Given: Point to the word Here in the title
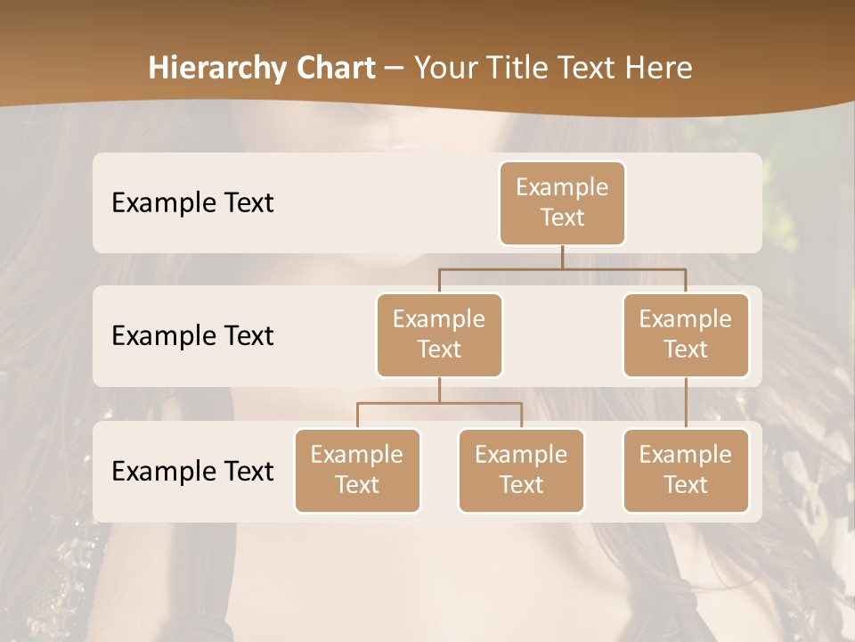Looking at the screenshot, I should pyautogui.click(x=659, y=69).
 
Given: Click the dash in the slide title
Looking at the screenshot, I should pyautogui.click(x=395, y=70).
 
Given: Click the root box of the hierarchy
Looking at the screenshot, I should pyautogui.click(x=562, y=203).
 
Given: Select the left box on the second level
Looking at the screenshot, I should pyautogui.click(x=439, y=335).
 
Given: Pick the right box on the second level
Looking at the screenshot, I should pyautogui.click(x=686, y=335).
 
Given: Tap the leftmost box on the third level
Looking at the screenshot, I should pyautogui.click(x=357, y=471).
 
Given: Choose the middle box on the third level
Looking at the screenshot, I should pyautogui.click(x=521, y=471).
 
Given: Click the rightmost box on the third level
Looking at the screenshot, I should pyautogui.click(x=686, y=471).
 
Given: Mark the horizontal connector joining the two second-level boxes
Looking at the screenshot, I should pyautogui.click(x=562, y=268).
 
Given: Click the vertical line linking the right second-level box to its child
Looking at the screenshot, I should pyautogui.click(x=686, y=403).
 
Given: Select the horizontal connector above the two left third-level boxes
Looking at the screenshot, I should pyautogui.click(x=439, y=403).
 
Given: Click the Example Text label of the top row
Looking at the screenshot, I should pyautogui.click(x=192, y=203).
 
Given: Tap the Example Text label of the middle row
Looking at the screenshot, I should pyautogui.click(x=192, y=336).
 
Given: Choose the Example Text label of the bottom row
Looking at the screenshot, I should pyautogui.click(x=192, y=472).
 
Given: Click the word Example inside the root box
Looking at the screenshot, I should pyautogui.click(x=562, y=188).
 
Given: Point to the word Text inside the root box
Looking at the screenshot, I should pyautogui.click(x=562, y=218).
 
